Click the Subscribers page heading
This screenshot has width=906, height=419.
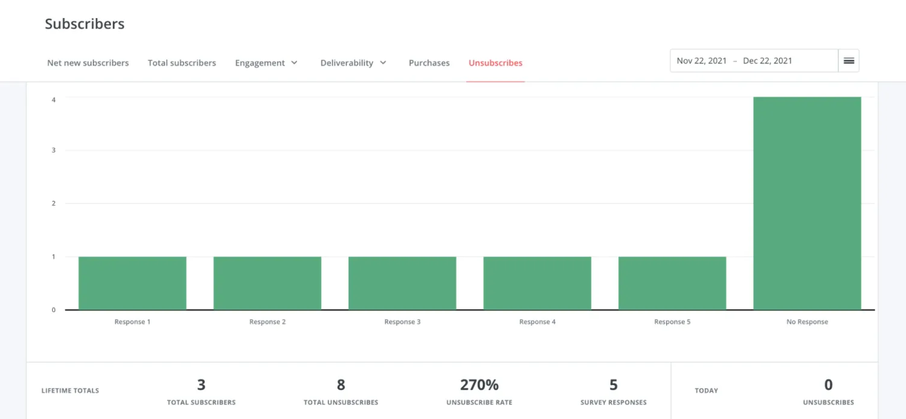[x=85, y=24]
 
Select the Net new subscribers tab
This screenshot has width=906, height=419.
[x=88, y=63]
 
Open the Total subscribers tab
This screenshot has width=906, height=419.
[x=182, y=63]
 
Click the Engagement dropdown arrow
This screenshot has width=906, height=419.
[x=294, y=63]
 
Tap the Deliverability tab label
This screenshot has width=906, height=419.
[x=347, y=63]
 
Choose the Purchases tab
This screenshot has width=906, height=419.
[x=429, y=63]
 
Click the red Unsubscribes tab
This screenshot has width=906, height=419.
[x=495, y=63]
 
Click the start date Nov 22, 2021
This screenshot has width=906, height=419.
[x=702, y=61]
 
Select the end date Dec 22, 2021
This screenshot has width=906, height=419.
[x=767, y=61]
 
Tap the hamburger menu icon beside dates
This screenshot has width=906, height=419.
[x=849, y=61]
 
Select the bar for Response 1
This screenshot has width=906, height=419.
[x=132, y=283]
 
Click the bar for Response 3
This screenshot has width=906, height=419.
[x=402, y=283]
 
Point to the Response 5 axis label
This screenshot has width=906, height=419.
[x=672, y=322]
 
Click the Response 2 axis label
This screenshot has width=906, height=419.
[x=268, y=322]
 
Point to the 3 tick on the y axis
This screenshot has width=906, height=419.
[x=54, y=150]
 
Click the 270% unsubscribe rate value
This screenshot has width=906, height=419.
[x=480, y=385]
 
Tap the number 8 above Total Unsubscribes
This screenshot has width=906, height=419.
[x=341, y=385]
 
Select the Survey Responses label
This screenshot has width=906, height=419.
[x=613, y=402]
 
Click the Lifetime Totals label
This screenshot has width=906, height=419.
[x=70, y=391]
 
